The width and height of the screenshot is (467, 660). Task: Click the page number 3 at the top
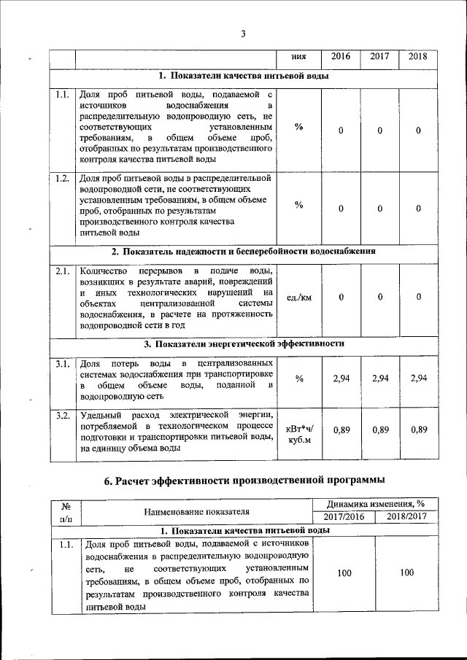click(243, 33)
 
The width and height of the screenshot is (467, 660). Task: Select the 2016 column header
click(341, 56)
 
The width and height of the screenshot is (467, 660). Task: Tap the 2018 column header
click(418, 56)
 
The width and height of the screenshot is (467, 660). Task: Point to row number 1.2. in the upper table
click(63, 177)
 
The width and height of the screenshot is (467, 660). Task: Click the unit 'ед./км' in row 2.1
click(299, 298)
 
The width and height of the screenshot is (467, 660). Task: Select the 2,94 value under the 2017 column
click(379, 378)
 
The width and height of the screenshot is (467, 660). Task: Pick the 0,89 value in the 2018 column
click(418, 430)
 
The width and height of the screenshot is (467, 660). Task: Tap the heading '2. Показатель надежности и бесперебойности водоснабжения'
click(243, 252)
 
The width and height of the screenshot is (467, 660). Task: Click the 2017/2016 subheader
click(344, 517)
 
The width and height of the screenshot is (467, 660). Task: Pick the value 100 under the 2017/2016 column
click(344, 574)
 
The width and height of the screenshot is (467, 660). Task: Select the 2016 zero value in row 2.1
click(341, 298)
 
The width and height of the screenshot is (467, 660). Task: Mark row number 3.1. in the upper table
click(63, 363)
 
